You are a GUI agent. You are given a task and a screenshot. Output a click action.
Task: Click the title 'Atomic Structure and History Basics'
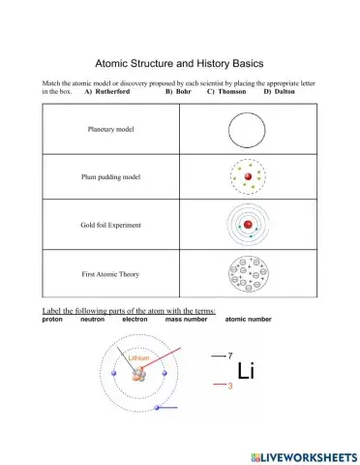click(179, 60)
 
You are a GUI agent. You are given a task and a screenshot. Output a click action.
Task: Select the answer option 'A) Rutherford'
click(107, 91)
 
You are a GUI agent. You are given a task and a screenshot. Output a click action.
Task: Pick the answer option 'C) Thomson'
click(226, 91)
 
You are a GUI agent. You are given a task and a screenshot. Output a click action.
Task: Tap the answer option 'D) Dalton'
click(281, 91)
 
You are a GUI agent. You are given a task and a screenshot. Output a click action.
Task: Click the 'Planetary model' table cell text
click(111, 128)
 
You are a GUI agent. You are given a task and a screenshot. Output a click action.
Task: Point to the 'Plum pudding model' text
click(111, 176)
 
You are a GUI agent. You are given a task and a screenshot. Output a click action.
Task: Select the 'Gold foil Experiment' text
click(111, 225)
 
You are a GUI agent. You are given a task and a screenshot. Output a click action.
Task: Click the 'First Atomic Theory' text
click(111, 274)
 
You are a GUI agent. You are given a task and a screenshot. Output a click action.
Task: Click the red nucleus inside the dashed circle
click(249, 177)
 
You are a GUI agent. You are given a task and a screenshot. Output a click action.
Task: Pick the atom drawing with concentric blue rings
click(248, 225)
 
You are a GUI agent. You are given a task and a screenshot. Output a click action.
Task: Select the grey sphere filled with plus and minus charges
click(247, 273)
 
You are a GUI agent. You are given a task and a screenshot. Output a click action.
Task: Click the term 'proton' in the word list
click(52, 319)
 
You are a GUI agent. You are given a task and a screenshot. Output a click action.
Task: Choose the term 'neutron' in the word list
click(92, 319)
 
